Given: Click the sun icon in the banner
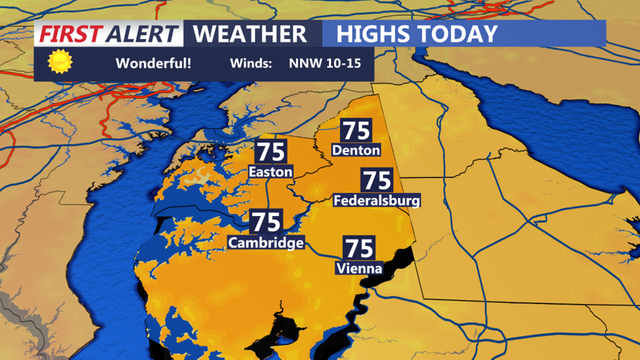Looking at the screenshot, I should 60,63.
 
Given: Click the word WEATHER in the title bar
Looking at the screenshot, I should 250,34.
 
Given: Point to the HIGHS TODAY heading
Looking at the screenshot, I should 417,34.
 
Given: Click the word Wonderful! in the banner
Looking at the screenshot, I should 153,63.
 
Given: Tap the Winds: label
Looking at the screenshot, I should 251,63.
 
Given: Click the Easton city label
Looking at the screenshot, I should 270,172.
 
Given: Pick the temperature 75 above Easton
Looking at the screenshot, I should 271,153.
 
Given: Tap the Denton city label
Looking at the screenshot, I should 356,150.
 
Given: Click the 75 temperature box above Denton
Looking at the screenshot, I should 356,130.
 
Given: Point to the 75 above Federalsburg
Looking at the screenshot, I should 377,181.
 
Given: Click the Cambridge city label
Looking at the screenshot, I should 266,243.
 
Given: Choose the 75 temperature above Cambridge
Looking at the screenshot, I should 266,222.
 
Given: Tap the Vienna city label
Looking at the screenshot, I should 359,269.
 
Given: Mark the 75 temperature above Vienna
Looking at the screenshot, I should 359,248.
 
